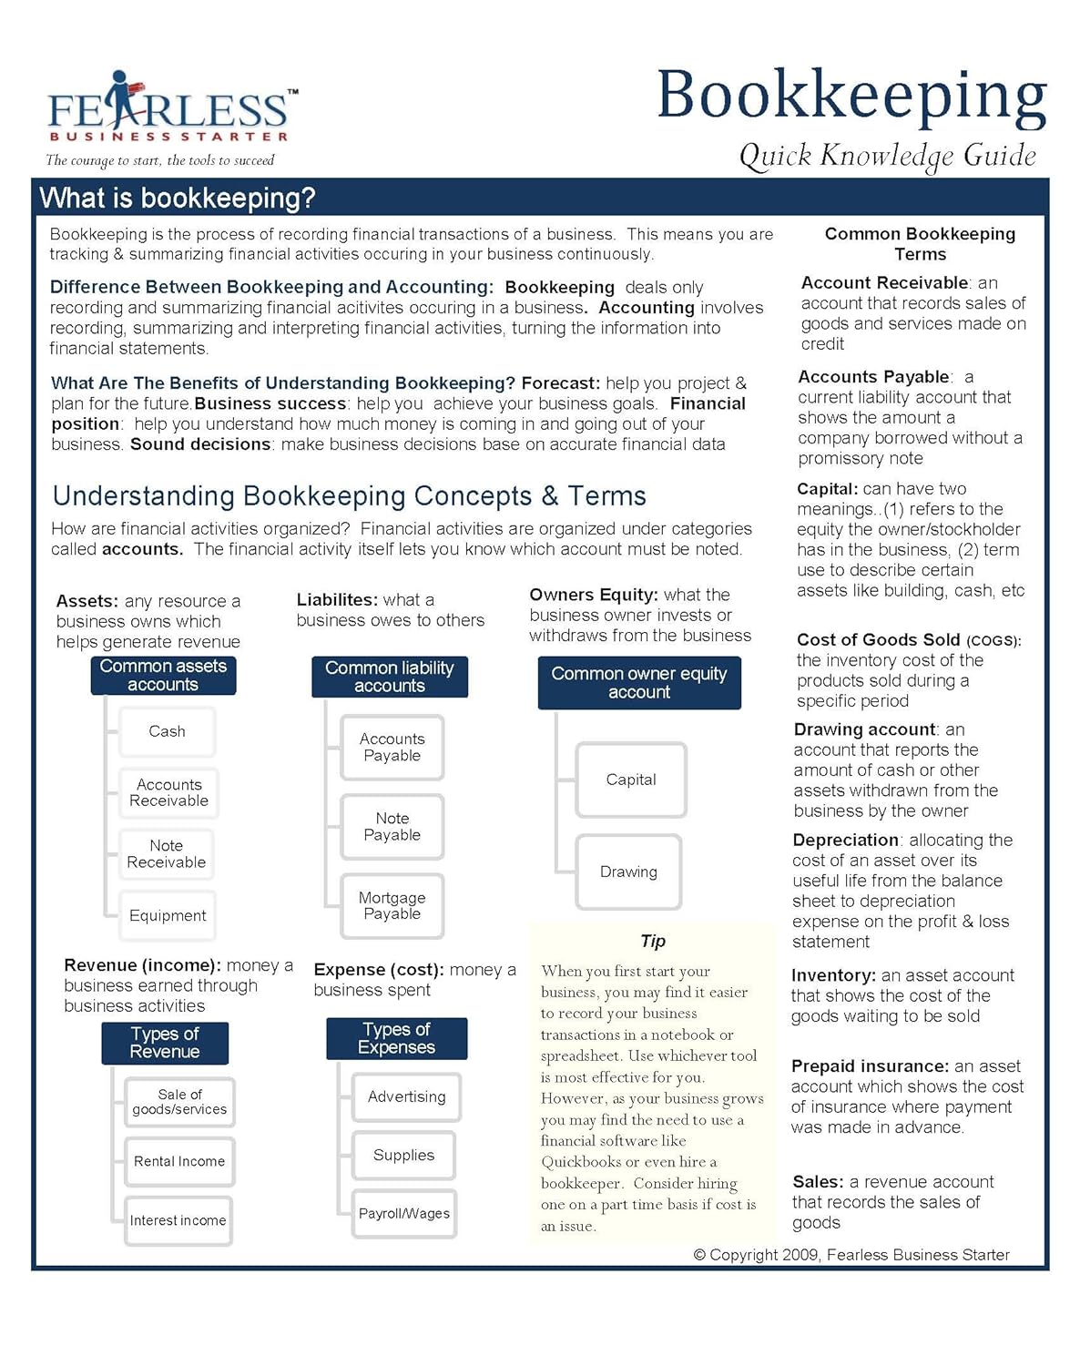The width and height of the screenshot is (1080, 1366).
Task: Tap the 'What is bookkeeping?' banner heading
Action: click(x=178, y=198)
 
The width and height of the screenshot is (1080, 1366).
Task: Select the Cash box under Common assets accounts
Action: click(x=167, y=731)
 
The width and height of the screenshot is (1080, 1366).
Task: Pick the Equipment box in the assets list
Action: click(x=168, y=915)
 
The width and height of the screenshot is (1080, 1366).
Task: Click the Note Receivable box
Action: click(x=167, y=854)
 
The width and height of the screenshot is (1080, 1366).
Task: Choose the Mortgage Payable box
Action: click(x=392, y=906)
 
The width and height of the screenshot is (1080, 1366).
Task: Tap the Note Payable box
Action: click(x=392, y=827)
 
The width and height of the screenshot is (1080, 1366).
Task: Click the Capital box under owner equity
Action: click(x=630, y=780)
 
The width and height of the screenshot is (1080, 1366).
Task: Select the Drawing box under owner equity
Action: click(x=628, y=872)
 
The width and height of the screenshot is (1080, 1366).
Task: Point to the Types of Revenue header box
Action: click(x=165, y=1043)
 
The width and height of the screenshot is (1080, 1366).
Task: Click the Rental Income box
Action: click(x=179, y=1161)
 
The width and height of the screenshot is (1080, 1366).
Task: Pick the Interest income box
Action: click(x=178, y=1220)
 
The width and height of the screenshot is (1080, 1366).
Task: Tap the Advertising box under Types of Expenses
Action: click(x=406, y=1096)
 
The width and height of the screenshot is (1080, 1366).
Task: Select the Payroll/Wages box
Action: click(x=403, y=1213)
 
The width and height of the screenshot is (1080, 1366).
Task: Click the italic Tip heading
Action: click(x=653, y=941)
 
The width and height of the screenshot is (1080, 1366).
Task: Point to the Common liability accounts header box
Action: click(x=390, y=677)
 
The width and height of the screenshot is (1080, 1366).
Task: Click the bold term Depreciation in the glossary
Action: click(x=845, y=840)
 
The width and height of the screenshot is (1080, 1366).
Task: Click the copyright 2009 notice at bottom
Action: click(x=851, y=1255)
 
